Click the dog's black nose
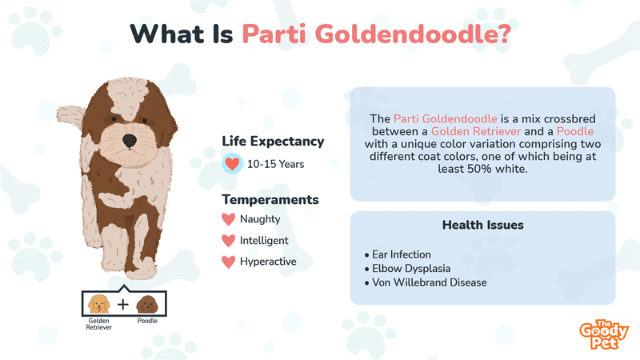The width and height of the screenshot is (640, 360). point(130,141)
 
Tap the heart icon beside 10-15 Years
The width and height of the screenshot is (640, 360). point(232,164)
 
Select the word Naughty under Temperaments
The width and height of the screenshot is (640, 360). point(260,219)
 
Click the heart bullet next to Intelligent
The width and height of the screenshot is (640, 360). point(229,241)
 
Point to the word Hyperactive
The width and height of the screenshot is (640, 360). point(268,262)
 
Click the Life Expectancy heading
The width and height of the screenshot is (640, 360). point(273,142)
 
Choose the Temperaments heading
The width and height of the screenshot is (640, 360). point(270,199)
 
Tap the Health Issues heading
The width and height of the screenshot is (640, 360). point(483,225)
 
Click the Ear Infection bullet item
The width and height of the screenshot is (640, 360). point(398,254)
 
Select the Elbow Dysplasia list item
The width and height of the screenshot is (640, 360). point(407,268)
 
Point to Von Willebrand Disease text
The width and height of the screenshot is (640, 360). point(426,282)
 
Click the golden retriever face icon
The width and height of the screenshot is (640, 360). point(99,304)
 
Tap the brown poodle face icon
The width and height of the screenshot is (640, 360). point(147,305)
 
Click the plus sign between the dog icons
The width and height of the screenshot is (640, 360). point(123,305)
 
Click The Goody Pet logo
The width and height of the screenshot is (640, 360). point(604,334)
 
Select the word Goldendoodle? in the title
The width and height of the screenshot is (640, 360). point(413,34)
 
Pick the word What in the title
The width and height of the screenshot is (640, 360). point(167,34)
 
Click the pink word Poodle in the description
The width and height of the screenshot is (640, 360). point(575,131)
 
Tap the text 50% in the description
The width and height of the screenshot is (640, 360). point(479,169)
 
